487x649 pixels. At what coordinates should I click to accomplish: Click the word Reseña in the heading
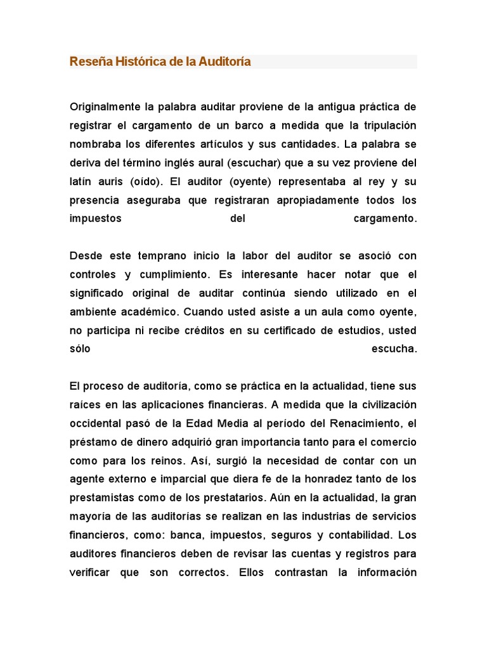pos(86,61)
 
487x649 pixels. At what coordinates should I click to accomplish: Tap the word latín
pos(81,181)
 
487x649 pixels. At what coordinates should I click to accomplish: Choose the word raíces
pos(84,405)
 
